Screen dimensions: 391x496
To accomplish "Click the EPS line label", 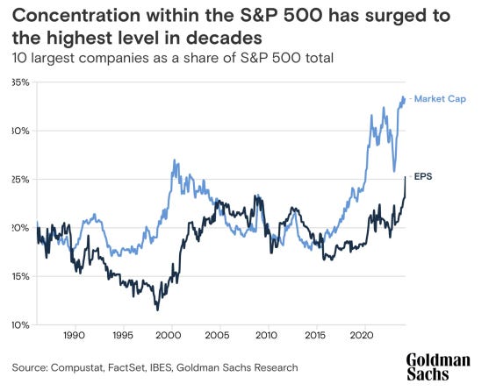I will [423, 176].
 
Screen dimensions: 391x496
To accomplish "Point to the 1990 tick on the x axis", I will [74, 336].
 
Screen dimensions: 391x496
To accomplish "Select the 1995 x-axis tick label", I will [122, 336].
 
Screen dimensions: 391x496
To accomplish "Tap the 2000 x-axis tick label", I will [170, 336].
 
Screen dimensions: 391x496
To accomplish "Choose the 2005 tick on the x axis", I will [219, 336].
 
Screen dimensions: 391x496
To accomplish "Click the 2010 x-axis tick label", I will [267, 336].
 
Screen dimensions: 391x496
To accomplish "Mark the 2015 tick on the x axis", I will [315, 336].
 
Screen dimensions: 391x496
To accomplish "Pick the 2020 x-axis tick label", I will [363, 336].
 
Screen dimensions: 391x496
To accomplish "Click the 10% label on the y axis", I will [19, 324].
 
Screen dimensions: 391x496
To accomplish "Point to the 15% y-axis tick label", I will [19, 276].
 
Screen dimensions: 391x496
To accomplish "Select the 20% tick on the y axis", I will [19, 228].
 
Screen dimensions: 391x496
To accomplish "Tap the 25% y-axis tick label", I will [19, 179].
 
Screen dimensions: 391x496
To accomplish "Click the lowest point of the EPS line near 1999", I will [157, 309].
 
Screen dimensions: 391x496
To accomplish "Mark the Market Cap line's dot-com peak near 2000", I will [175, 160].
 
